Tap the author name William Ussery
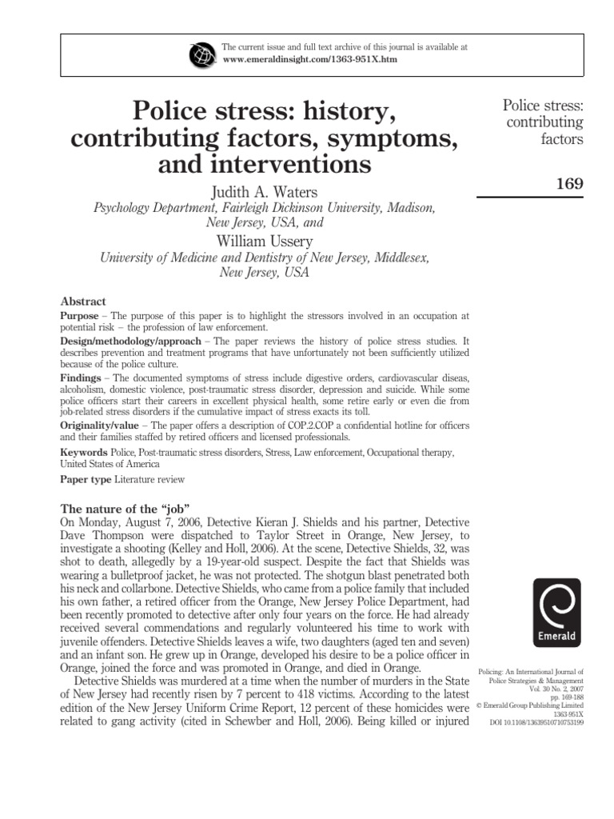[x=263, y=241]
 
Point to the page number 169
[x=568, y=184]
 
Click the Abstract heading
[x=83, y=302]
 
